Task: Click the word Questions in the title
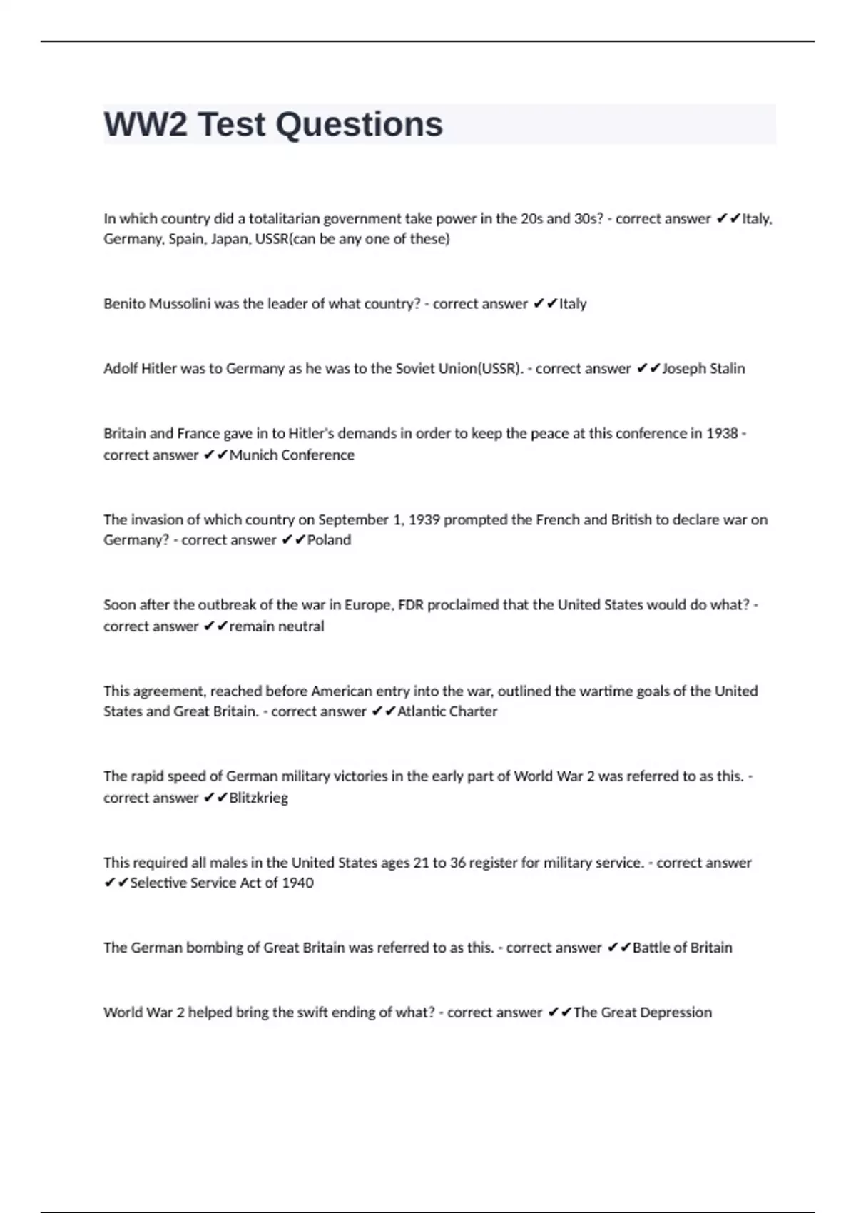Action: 359,124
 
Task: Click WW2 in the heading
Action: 146,124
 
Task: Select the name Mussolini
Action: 179,304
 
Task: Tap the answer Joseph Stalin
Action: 703,369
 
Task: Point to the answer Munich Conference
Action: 292,455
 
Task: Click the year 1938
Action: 722,434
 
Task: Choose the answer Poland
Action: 329,540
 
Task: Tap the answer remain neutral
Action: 277,626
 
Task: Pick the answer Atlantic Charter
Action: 447,711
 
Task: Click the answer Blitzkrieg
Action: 258,798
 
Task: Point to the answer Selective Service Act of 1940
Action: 222,883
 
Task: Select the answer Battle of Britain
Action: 682,948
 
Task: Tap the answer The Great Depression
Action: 642,1013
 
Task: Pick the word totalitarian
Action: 284,219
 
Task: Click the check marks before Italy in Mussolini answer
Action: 544,304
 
